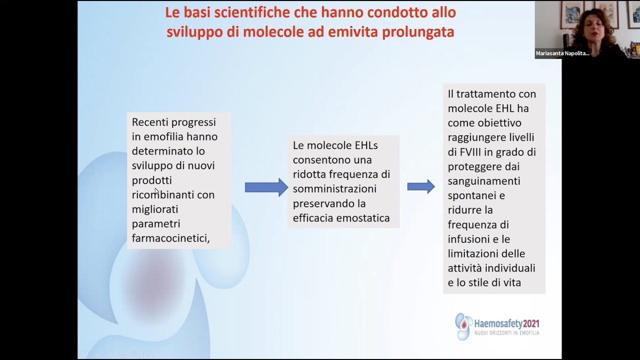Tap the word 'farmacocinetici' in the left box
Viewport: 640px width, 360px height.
(170, 238)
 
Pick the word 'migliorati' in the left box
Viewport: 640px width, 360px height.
(155, 209)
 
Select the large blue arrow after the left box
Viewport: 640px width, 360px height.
(266, 187)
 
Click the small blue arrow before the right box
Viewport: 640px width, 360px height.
(420, 186)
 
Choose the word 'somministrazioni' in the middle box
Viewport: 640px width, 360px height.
(334, 189)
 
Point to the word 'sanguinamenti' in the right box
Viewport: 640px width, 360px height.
(484, 181)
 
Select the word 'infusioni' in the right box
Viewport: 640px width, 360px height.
(469, 239)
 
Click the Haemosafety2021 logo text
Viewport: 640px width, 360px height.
(506, 323)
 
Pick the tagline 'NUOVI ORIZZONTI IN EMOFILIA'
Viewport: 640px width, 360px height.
(506, 333)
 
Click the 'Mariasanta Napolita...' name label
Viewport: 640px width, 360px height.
(562, 53)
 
